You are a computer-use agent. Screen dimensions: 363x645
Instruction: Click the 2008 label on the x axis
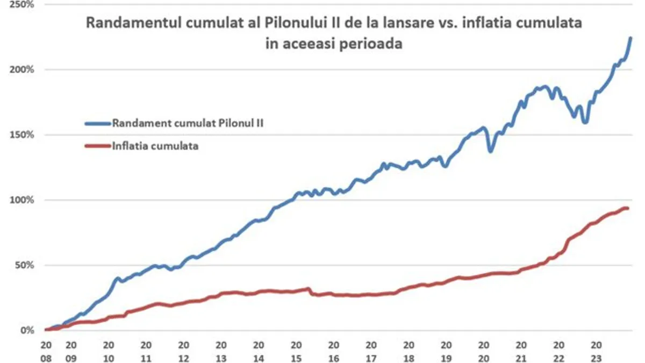tap(46, 350)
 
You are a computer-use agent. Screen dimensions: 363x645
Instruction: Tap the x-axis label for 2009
tap(71, 350)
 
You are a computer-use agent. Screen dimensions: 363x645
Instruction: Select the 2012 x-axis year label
tap(184, 350)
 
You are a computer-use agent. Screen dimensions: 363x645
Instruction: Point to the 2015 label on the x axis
tap(296, 350)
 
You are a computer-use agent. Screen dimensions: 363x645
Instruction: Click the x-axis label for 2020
tap(484, 350)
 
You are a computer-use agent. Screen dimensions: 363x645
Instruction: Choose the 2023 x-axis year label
tap(596, 350)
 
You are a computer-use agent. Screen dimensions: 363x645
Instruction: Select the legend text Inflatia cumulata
tap(155, 146)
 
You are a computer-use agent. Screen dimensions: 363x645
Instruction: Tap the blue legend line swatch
tap(97, 123)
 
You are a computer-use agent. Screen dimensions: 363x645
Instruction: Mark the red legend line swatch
tap(97, 146)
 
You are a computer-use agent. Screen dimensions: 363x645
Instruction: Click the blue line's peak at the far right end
tap(630, 38)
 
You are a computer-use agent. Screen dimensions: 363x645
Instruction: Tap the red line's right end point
tap(627, 208)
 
